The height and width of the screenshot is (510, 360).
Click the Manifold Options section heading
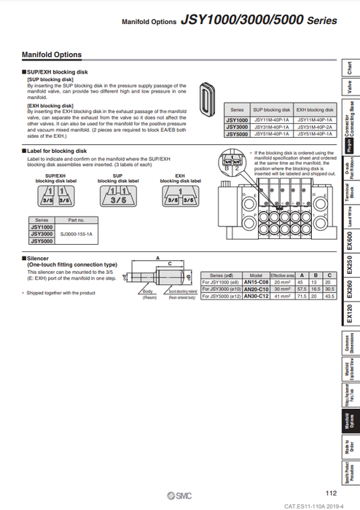coord(52,55)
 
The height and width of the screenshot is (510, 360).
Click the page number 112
coord(330,493)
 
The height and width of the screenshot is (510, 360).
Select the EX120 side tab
coord(350,315)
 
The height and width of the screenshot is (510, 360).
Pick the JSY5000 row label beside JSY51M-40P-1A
coord(236,134)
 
